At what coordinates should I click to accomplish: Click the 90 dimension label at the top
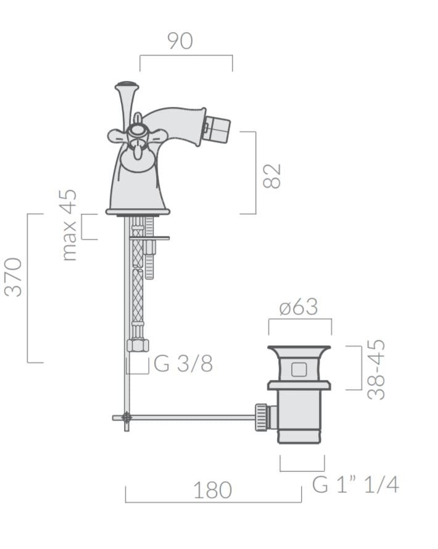click(180, 41)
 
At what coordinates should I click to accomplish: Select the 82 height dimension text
click(272, 176)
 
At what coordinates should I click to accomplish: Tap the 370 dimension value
click(13, 277)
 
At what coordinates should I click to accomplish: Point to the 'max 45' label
click(68, 225)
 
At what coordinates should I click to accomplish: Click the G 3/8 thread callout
click(183, 364)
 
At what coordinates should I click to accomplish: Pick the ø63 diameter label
click(299, 307)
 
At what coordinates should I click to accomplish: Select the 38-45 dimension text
click(376, 369)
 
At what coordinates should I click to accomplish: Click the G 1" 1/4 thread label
click(355, 485)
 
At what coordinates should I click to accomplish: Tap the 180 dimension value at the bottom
click(212, 490)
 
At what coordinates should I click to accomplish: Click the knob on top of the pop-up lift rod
click(126, 85)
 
